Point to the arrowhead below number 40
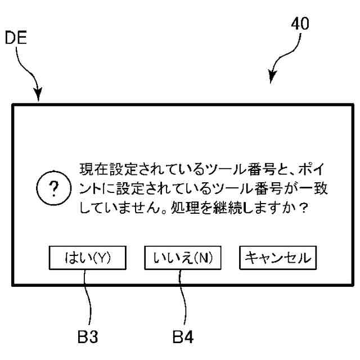click(x=272, y=80)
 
